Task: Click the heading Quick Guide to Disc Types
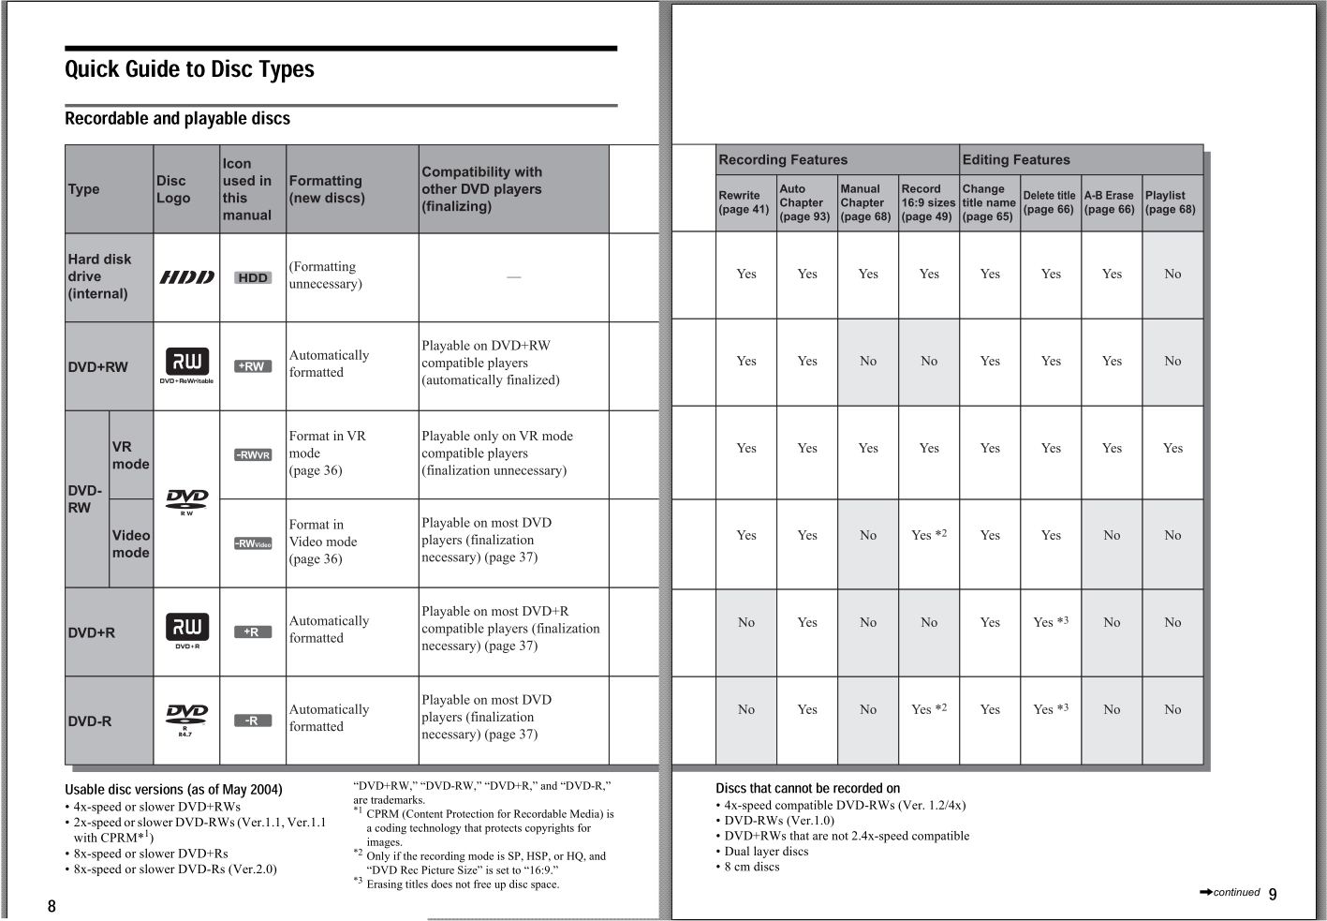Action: tap(189, 69)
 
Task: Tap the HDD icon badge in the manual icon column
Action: tap(253, 277)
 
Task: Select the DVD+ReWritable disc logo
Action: tap(187, 364)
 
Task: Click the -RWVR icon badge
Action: tap(253, 454)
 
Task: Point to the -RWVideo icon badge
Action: tap(253, 543)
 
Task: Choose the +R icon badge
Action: tap(253, 631)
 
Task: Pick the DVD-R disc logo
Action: tap(186, 719)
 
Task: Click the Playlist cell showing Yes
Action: tap(1172, 448)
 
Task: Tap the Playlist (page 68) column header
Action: tap(1172, 202)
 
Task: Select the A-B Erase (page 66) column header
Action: tap(1110, 202)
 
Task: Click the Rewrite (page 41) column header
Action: tap(745, 202)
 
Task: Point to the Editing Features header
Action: tap(1016, 159)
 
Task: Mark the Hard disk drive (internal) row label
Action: tap(99, 276)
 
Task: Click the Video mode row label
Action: tap(131, 543)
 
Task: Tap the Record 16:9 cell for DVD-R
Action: tap(929, 709)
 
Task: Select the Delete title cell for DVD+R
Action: tap(1051, 622)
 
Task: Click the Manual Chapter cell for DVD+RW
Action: tap(868, 361)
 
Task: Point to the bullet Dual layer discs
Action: tap(766, 851)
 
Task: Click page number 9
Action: tap(1273, 894)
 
